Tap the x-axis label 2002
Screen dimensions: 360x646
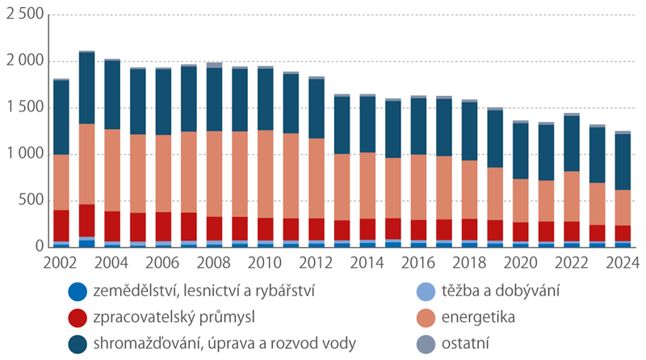tap(61, 263)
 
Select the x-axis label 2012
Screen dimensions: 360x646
tap(316, 263)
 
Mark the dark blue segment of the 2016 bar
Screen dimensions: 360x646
tap(417, 126)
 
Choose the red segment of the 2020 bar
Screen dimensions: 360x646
tap(519, 232)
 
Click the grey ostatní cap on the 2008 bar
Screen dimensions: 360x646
tap(214, 65)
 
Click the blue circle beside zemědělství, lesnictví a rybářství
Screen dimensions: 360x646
tap(78, 289)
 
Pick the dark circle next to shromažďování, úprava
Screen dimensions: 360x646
tap(78, 343)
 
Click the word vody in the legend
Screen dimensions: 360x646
tap(338, 343)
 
